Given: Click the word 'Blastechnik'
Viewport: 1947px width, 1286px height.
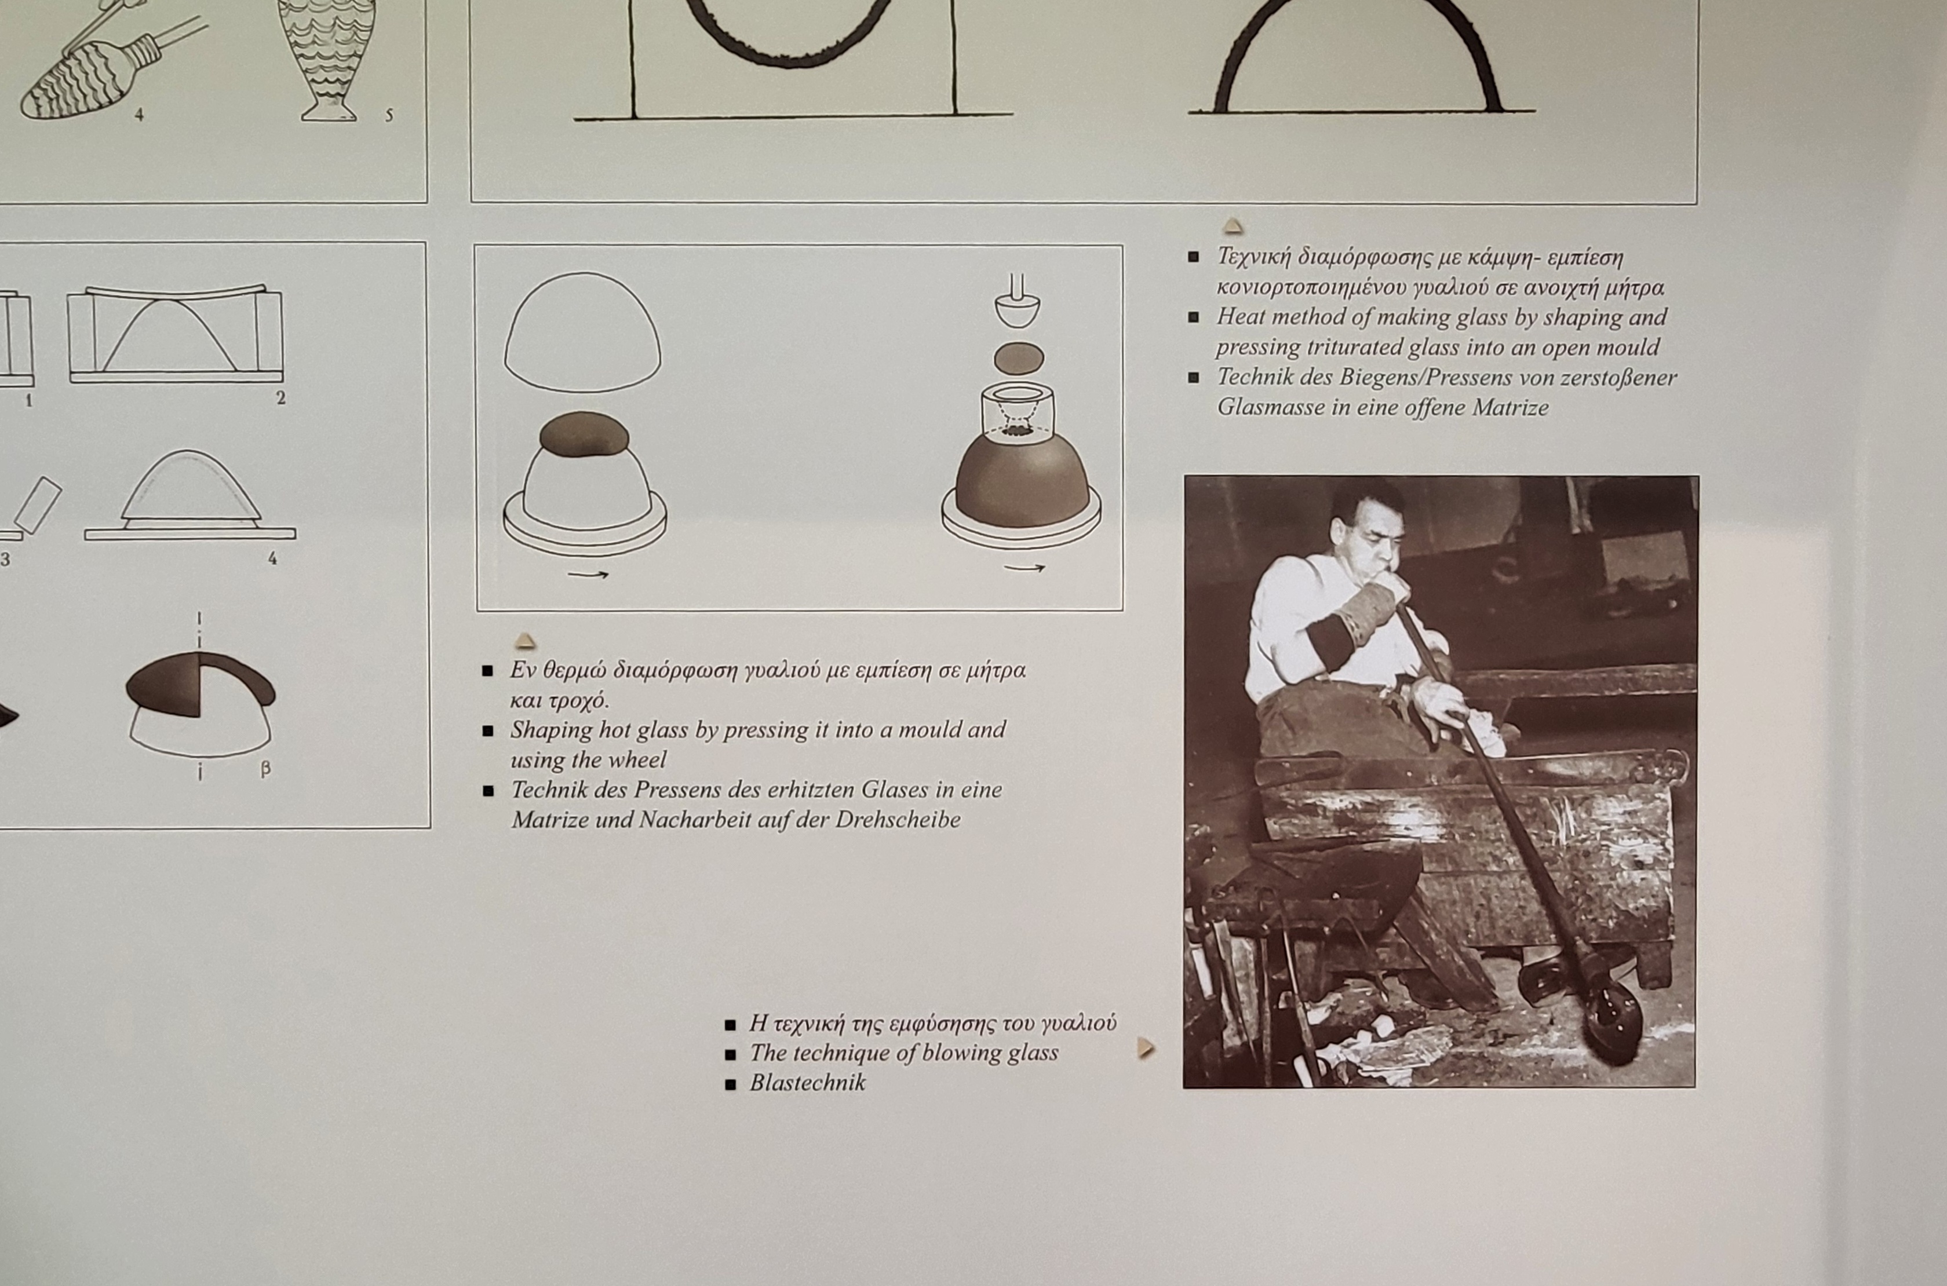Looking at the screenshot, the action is [x=807, y=1083].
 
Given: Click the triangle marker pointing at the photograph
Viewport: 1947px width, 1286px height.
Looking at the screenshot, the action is [x=1146, y=1047].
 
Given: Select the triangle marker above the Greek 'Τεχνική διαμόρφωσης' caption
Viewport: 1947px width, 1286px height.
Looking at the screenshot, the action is [x=1233, y=226].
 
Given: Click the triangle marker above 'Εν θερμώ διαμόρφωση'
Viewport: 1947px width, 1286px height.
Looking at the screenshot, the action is [x=525, y=641].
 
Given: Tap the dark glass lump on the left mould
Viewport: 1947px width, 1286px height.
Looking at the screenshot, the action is [x=584, y=434].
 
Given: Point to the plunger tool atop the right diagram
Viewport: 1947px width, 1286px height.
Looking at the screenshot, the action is [x=1018, y=301].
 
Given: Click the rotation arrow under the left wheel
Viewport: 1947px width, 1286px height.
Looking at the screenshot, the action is [x=588, y=574].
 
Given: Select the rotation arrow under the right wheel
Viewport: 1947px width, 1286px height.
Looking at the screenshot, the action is [x=1024, y=568].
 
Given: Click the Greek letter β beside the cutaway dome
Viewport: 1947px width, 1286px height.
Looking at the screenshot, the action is [x=265, y=769].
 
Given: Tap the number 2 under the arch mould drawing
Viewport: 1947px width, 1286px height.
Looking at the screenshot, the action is [x=280, y=399].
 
